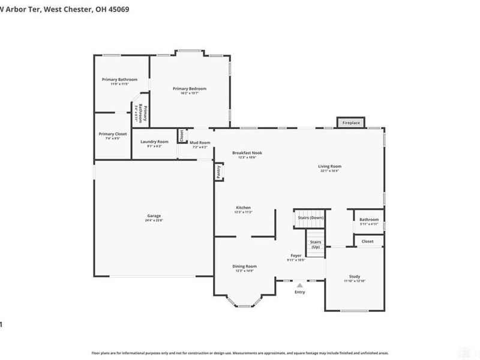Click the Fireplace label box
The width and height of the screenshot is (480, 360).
[351, 122]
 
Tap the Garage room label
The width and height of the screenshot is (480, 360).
[154, 216]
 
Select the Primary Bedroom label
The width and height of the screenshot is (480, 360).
[189, 89]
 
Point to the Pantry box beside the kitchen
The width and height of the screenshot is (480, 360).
[218, 172]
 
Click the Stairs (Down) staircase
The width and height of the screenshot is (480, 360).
[308, 218]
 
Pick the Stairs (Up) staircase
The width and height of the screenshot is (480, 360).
[315, 244]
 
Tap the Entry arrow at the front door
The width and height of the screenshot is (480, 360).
[299, 285]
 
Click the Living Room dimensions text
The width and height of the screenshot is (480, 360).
[329, 171]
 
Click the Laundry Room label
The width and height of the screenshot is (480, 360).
[154, 142]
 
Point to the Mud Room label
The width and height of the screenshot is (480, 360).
[199, 142]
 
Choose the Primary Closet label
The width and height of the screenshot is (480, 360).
[113, 134]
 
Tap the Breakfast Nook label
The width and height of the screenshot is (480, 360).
[247, 153]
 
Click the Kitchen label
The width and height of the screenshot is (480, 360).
[243, 208]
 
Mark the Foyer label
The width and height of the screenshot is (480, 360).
[296, 256]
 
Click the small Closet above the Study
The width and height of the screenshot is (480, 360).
[367, 241]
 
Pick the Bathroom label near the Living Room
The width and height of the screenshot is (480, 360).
[369, 220]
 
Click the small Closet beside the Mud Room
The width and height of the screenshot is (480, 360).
[181, 136]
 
